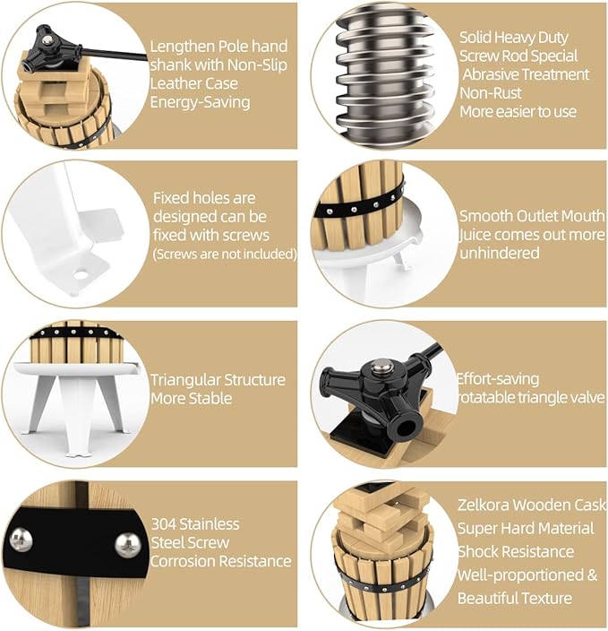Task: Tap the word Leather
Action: coord(171,83)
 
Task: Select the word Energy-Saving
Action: coord(200,102)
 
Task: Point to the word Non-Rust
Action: coord(491,93)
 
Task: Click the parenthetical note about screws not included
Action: coord(225,255)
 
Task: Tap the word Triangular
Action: coord(185,380)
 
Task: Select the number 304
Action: coord(163,524)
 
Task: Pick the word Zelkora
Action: coord(484,505)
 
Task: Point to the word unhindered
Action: coord(500,253)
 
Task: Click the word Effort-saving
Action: coord(498,379)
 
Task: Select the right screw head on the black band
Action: coord(128,545)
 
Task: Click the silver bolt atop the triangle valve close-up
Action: coord(378,367)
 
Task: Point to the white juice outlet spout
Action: coord(403,260)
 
